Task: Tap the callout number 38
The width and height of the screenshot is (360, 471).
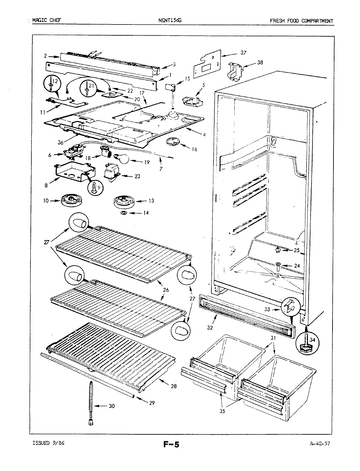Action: [260, 62]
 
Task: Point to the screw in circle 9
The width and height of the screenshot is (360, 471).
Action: [94, 188]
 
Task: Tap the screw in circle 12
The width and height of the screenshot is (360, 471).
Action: [52, 84]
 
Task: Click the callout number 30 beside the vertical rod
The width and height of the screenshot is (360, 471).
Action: [112, 406]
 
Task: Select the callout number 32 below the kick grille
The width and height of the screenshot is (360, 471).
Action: [210, 327]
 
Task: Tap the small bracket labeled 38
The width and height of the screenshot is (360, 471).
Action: [234, 70]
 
